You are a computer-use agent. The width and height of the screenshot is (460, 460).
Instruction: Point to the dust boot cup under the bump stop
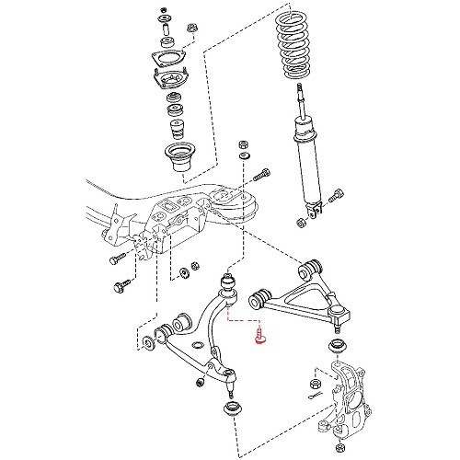[178, 157]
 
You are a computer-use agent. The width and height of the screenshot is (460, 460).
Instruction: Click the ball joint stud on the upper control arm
[337, 321]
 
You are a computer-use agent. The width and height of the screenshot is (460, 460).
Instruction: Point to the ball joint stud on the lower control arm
[228, 378]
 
